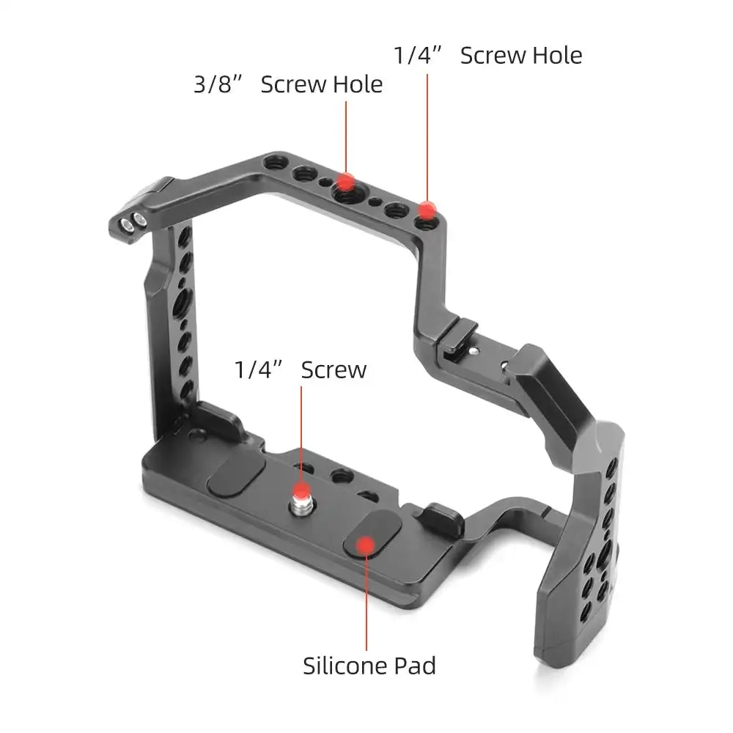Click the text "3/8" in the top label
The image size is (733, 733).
click(x=218, y=84)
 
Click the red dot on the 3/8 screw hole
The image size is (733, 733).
click(x=346, y=182)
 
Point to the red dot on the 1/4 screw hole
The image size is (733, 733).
click(x=427, y=210)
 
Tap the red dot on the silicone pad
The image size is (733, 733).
click(x=366, y=545)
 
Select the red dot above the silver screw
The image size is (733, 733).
click(x=301, y=491)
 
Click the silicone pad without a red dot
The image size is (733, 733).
click(x=236, y=476)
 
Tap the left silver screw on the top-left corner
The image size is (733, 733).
click(x=126, y=225)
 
